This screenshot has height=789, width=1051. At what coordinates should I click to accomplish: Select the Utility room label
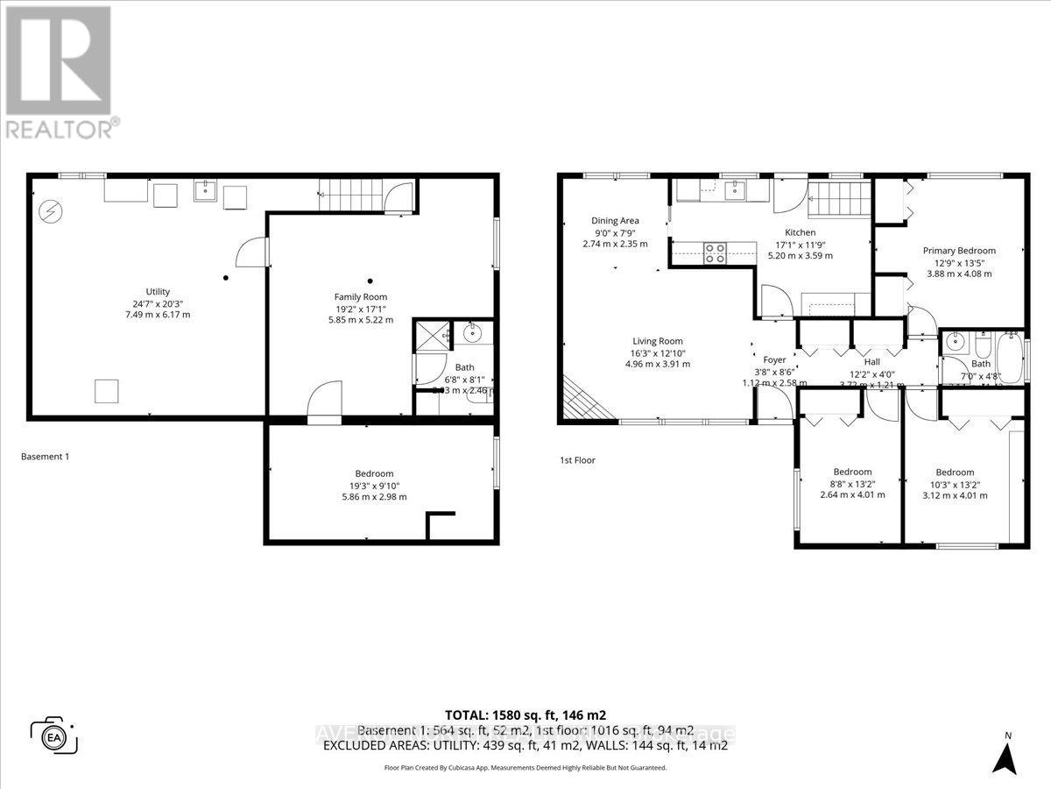point(158,292)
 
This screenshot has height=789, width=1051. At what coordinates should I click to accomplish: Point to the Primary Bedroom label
point(959,251)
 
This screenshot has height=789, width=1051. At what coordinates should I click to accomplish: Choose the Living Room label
point(658,341)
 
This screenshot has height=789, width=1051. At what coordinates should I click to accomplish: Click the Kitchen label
point(800,232)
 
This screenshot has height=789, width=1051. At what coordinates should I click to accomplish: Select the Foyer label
point(774,359)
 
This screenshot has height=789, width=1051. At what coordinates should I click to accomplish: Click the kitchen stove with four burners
point(716,252)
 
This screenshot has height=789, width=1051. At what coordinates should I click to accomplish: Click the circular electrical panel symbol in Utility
point(50,210)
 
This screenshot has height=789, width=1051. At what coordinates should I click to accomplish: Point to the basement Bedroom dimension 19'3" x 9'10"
point(380,485)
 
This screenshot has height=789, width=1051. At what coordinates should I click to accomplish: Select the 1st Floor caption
point(578,459)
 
